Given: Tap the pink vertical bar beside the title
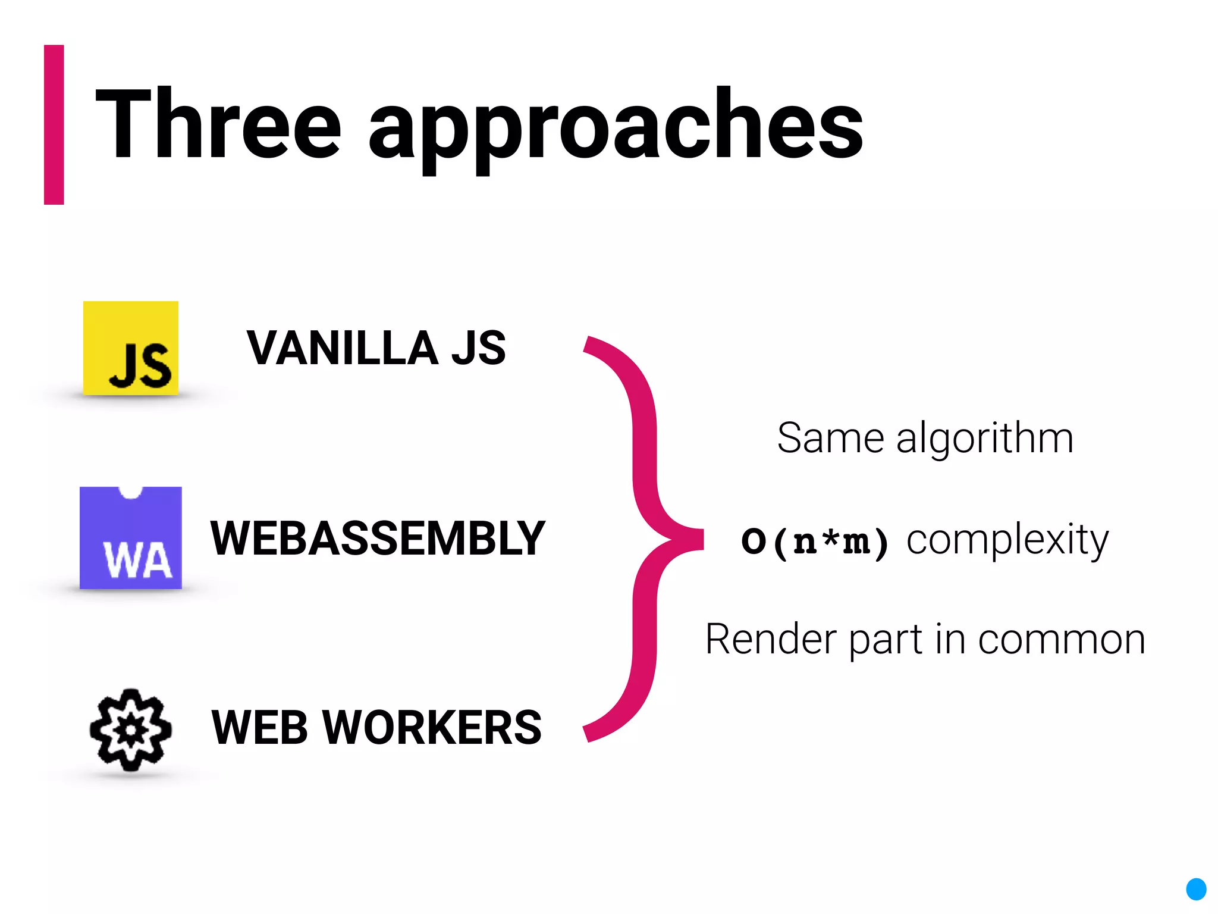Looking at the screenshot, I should [x=54, y=125].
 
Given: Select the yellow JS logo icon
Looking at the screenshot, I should [x=131, y=348].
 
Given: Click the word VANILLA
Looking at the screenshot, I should [x=343, y=348].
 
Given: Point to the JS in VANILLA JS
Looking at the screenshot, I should [x=478, y=348].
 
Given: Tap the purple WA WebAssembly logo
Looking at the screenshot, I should [x=131, y=538].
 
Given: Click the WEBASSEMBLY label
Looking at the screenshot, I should [x=378, y=539].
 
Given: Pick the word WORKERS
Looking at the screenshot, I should [x=432, y=728].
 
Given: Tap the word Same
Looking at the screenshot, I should [x=830, y=438].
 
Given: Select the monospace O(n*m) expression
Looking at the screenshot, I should [x=815, y=541].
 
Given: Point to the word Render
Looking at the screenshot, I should [x=770, y=640].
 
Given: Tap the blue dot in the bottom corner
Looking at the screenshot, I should [x=1196, y=889].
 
